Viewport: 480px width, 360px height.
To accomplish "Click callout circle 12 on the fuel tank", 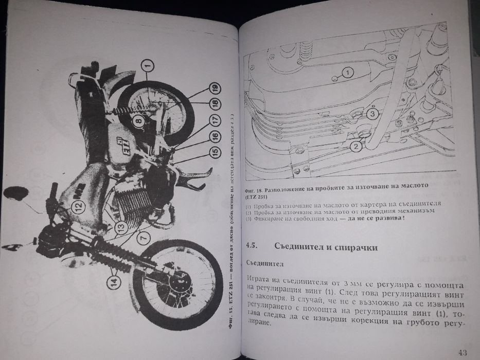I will (x=76, y=207).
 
